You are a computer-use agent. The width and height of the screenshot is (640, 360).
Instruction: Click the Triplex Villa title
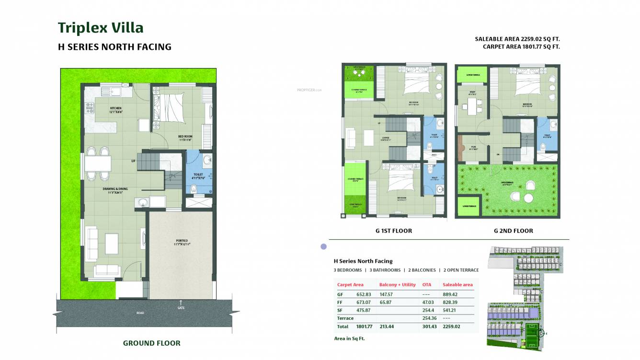coord(101,28)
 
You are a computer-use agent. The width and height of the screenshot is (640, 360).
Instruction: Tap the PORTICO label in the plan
coord(182,241)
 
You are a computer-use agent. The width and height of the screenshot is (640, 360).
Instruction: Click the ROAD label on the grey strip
coord(140,313)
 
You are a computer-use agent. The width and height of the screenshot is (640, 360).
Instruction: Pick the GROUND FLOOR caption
coord(151,343)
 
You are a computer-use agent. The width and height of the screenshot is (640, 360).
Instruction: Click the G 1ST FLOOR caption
coord(393,231)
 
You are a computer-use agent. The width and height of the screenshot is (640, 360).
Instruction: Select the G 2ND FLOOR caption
coord(513,231)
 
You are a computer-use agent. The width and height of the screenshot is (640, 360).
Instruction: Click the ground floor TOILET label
coord(198,174)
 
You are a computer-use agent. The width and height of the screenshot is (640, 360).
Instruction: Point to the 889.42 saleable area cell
coord(450,294)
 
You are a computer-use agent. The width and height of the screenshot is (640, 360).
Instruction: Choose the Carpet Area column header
coord(350,285)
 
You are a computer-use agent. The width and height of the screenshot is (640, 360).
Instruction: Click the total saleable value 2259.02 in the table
coord(451,326)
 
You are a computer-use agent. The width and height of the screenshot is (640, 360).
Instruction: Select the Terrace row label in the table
coord(345,318)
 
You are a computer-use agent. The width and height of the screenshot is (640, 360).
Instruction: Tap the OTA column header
coord(426,285)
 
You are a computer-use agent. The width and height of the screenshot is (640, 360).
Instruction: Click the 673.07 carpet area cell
coord(364,302)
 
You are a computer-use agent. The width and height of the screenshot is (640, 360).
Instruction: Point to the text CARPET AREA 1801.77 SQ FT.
coord(521,46)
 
